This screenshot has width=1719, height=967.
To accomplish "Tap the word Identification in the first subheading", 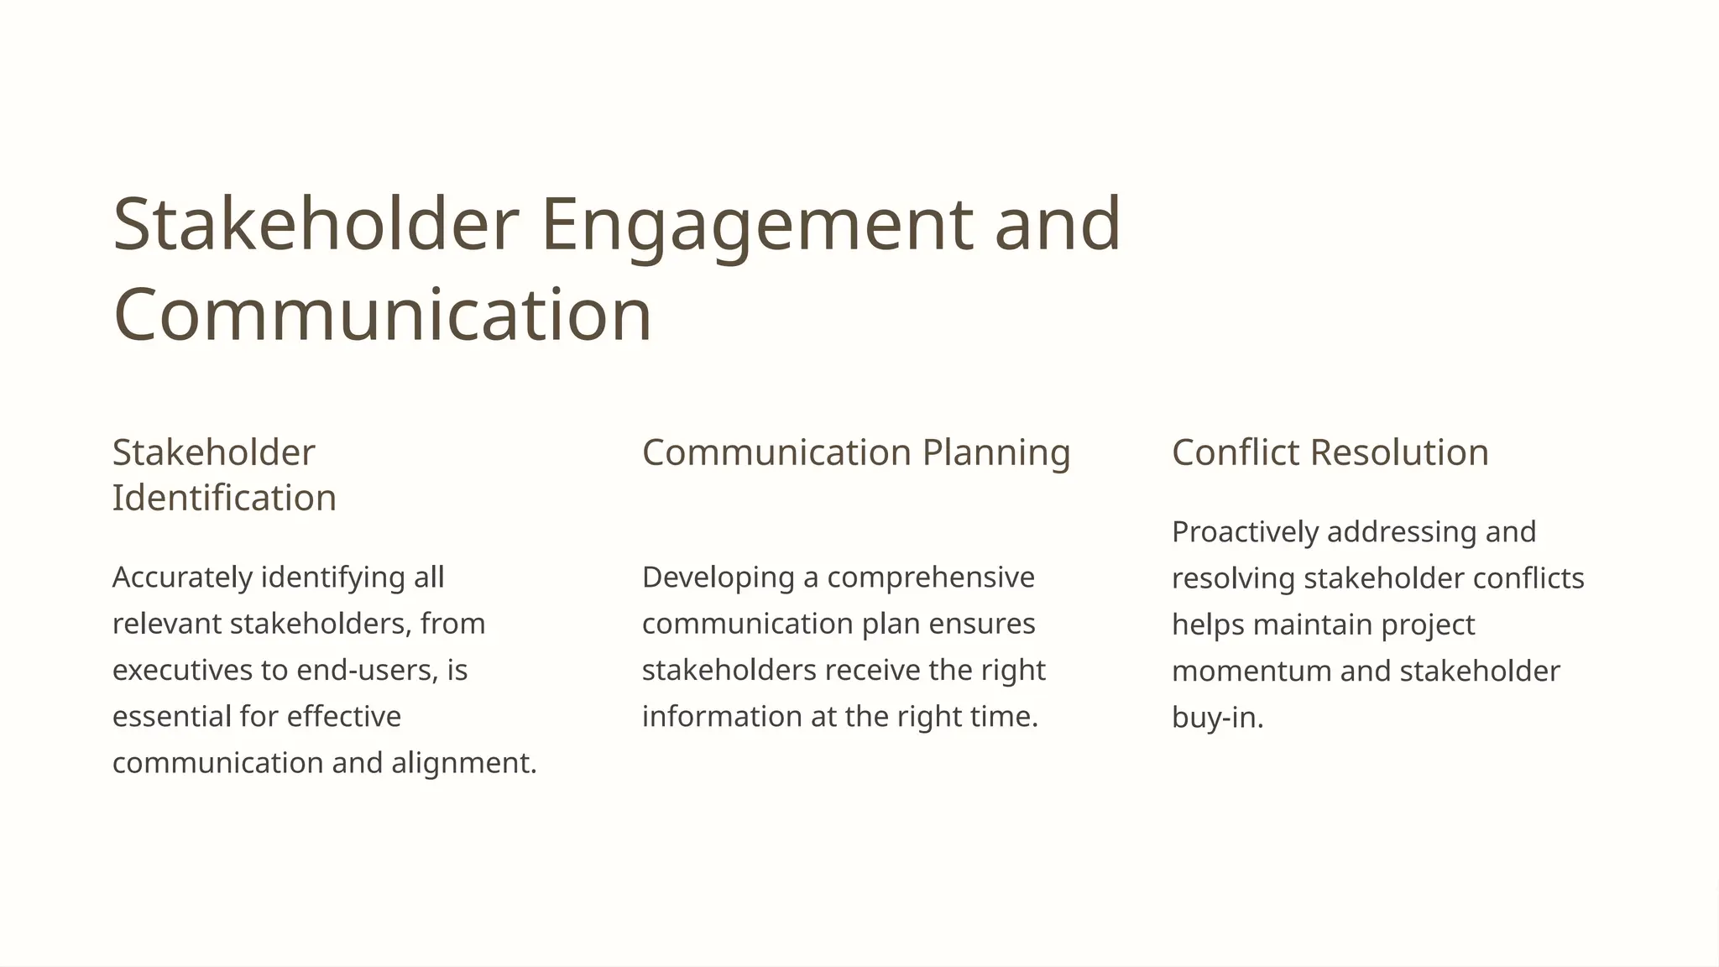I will coord(224,498).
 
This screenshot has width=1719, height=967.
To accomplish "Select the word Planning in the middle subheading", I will coord(996,452).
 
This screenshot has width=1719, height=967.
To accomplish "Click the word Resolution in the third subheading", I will coord(1399,452).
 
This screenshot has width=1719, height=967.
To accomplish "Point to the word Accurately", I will coord(183,578).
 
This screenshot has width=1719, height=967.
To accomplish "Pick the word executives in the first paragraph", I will coord(182,670).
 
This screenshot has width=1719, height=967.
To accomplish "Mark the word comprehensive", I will coord(931,578).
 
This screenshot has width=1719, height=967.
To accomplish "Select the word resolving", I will coord(1233,578).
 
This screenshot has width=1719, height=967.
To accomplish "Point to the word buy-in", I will coord(1215,718).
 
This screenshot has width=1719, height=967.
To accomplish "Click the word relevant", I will coord(166,624).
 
